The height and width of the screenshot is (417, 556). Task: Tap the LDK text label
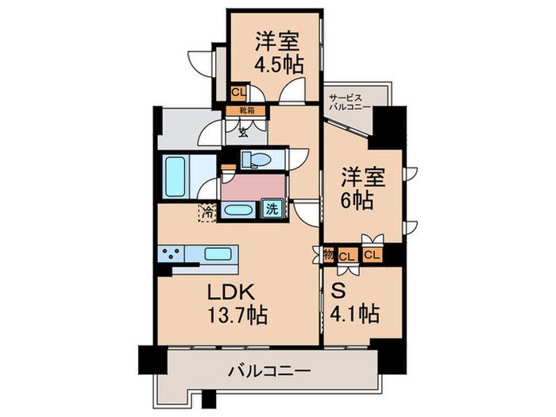(231, 293)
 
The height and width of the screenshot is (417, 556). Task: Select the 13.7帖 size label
(237, 315)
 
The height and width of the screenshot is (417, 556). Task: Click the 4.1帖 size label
(355, 314)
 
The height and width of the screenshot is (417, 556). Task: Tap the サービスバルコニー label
(349, 102)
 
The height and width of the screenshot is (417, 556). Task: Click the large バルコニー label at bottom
(269, 371)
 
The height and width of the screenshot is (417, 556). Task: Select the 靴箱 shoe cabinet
(245, 110)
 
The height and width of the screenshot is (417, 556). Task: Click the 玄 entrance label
(243, 133)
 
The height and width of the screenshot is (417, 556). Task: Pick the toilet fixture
(258, 159)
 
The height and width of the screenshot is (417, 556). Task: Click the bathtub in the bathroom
(176, 177)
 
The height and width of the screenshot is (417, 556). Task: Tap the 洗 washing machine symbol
(272, 210)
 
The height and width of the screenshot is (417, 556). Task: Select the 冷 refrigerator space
(207, 212)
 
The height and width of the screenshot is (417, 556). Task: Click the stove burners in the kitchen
(171, 254)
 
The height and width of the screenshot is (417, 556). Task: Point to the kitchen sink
(218, 254)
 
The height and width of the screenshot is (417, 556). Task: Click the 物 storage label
(329, 255)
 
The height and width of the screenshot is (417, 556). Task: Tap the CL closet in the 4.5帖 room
(238, 93)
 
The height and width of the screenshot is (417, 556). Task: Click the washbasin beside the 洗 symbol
(238, 210)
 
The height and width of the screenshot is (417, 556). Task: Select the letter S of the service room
(338, 292)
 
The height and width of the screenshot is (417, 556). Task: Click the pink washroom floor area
(253, 187)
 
